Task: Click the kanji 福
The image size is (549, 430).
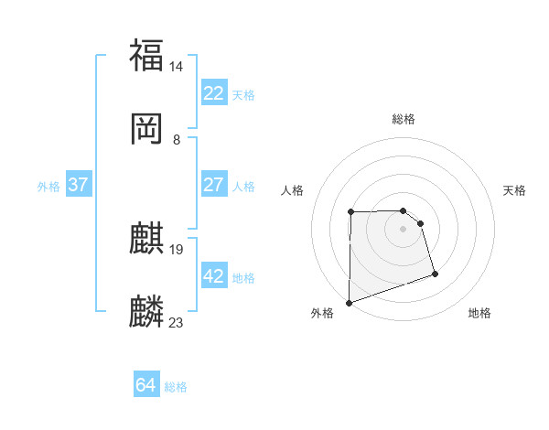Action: [146, 55]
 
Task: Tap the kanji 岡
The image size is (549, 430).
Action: [146, 129]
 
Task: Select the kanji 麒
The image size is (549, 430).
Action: [146, 239]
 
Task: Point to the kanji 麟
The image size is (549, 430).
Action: [146, 312]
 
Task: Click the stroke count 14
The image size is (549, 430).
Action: [177, 66]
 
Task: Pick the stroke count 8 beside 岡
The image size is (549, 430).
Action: [177, 140]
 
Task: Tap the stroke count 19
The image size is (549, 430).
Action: [177, 249]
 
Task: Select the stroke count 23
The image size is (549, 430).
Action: [177, 322]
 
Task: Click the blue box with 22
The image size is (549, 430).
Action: [213, 93]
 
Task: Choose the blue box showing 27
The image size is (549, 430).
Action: [213, 185]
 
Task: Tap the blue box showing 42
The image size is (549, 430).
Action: [213, 276]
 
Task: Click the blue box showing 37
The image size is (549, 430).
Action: [78, 185]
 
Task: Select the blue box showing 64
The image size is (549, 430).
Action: [145, 385]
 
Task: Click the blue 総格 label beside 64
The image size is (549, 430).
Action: [176, 387]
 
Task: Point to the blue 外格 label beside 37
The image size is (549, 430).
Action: [48, 187]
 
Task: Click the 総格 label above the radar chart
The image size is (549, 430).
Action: [404, 119]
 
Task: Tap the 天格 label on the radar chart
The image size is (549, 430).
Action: [515, 190]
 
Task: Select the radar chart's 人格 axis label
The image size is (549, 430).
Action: [293, 190]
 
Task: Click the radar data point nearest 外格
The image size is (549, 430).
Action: [349, 302]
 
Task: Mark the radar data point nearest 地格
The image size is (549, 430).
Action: [435, 274]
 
